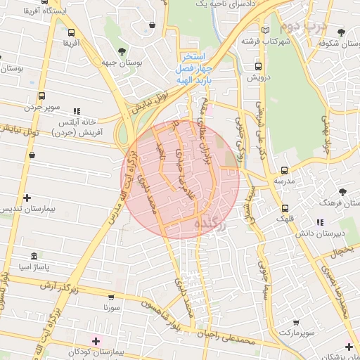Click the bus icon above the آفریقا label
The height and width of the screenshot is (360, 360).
(71, 32)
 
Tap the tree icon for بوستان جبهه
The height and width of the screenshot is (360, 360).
(122, 51)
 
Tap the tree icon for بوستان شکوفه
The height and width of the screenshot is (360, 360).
(341, 32)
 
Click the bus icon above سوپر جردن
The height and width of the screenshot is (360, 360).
(41, 96)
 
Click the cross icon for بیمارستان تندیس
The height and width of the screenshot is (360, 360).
(27, 198)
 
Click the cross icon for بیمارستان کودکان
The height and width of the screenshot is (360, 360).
(96, 340)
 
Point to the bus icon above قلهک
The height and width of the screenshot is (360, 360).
(285, 207)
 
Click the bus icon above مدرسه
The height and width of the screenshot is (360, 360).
(284, 170)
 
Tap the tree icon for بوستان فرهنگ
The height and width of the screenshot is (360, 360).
(342, 191)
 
